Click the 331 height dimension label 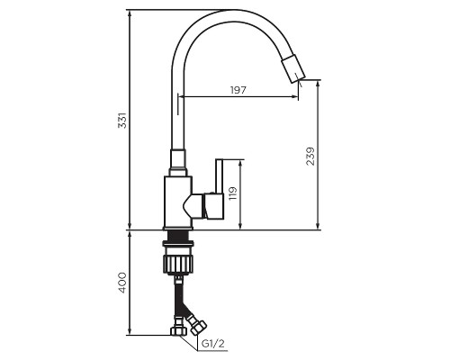tap(122, 120)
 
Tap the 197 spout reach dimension tap(238, 90)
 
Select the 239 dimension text tap(309, 156)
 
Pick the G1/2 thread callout tap(211, 343)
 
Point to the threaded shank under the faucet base tap(177, 236)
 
